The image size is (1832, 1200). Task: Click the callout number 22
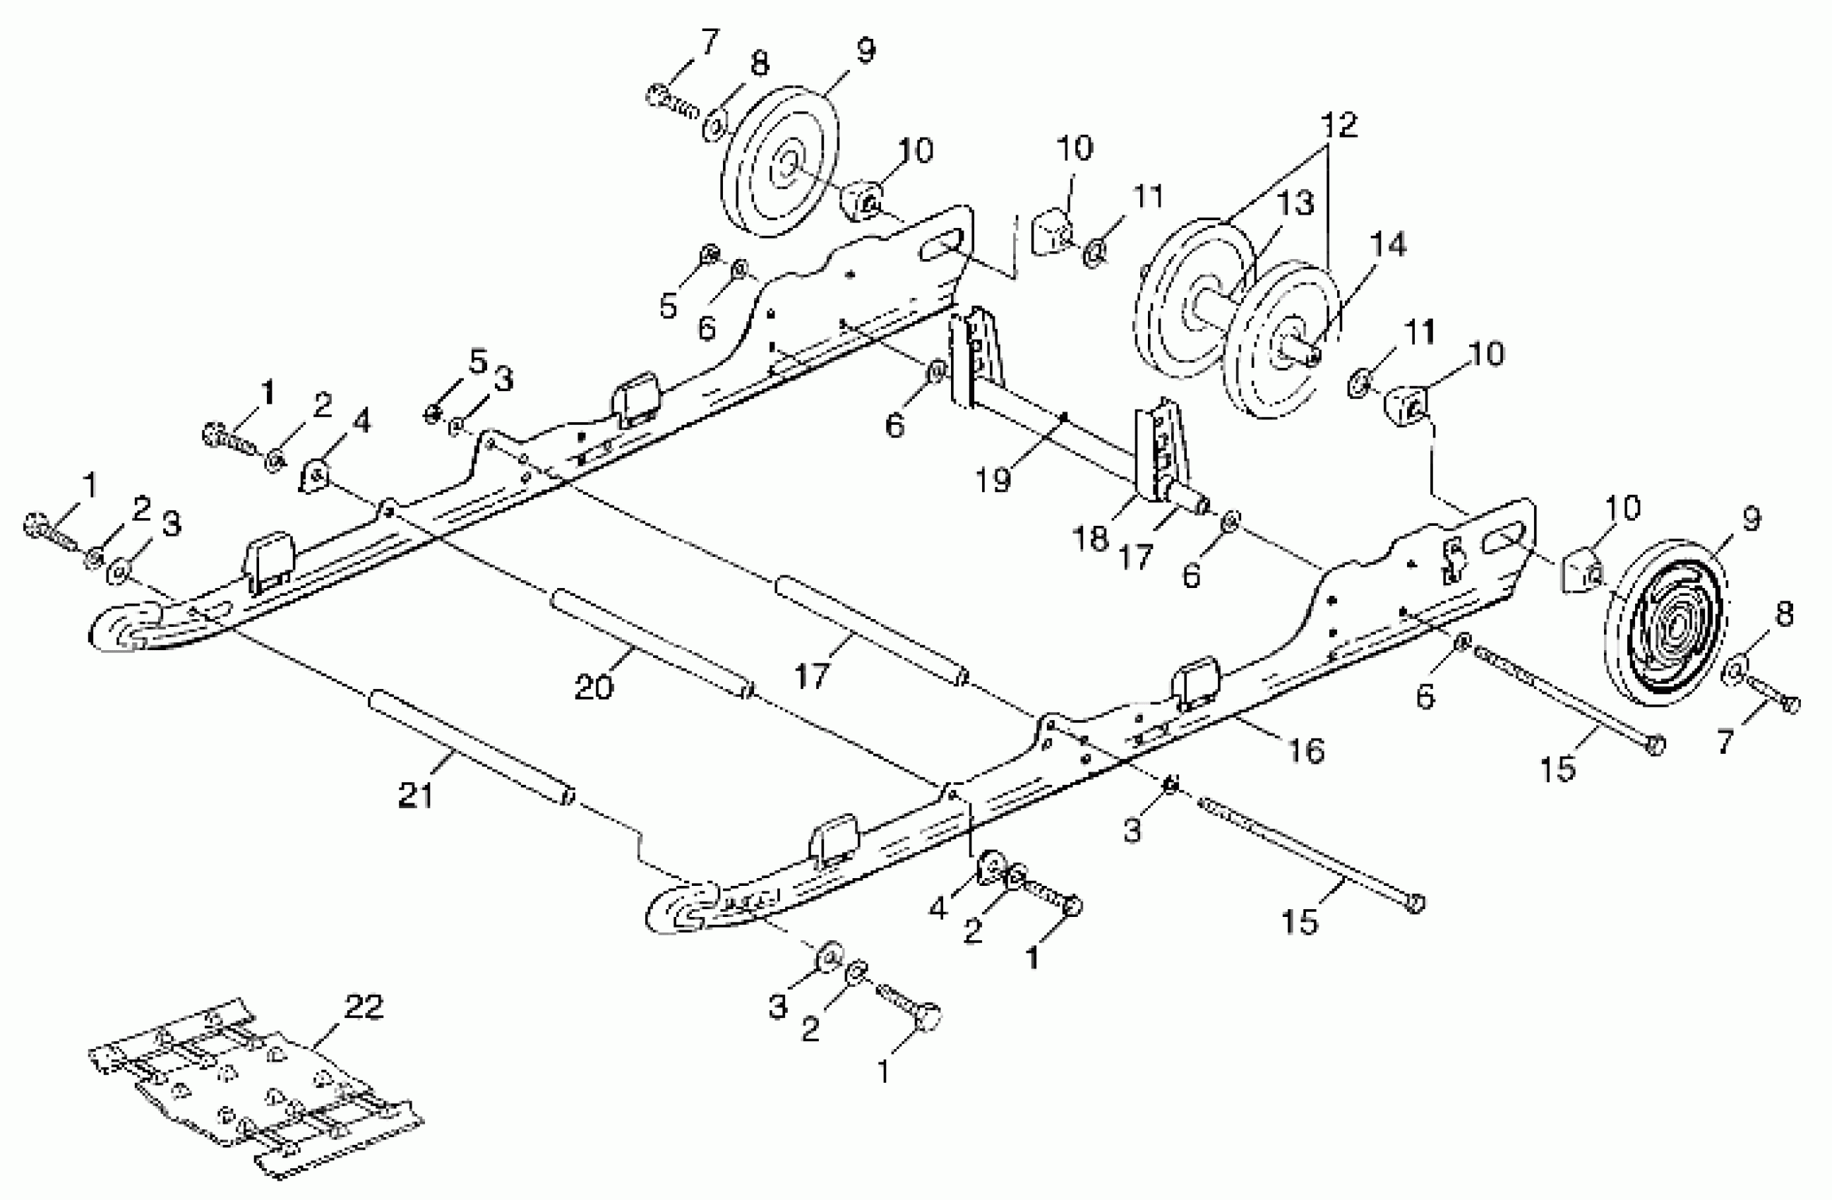coord(363,1007)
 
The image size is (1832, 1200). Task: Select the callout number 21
coord(416,795)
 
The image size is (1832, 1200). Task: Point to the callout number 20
coord(594,687)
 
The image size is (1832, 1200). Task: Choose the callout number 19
coord(993,479)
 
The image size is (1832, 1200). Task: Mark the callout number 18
coord(1090,538)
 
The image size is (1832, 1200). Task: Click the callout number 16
coord(1306,750)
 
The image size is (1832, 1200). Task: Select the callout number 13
coord(1296,204)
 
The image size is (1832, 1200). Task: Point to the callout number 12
coord(1339,126)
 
